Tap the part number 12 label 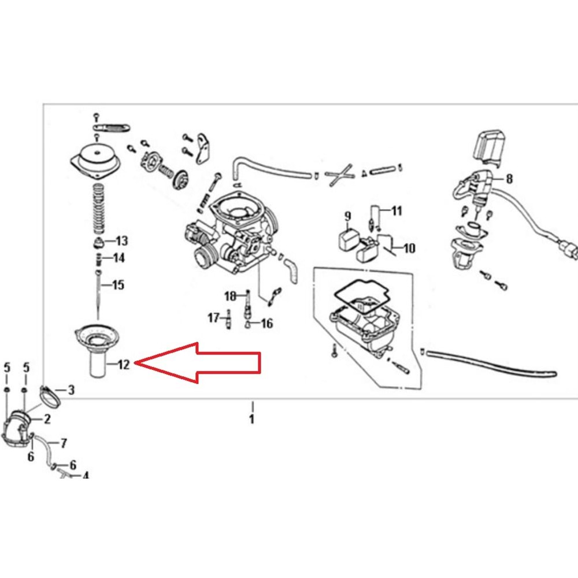point(124,365)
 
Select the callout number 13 point(121,240)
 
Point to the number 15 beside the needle point(118,284)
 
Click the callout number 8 point(509,179)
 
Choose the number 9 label point(347,216)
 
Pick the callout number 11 point(397,211)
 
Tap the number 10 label point(410,248)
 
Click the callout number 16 point(267,323)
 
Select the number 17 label point(213,317)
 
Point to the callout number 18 point(230,296)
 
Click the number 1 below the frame point(252,419)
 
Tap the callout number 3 point(71,390)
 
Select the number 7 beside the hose point(64,443)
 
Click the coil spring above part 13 point(98,209)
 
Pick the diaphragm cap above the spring point(96,158)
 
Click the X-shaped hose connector point(339,175)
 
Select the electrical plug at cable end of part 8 point(569,249)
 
